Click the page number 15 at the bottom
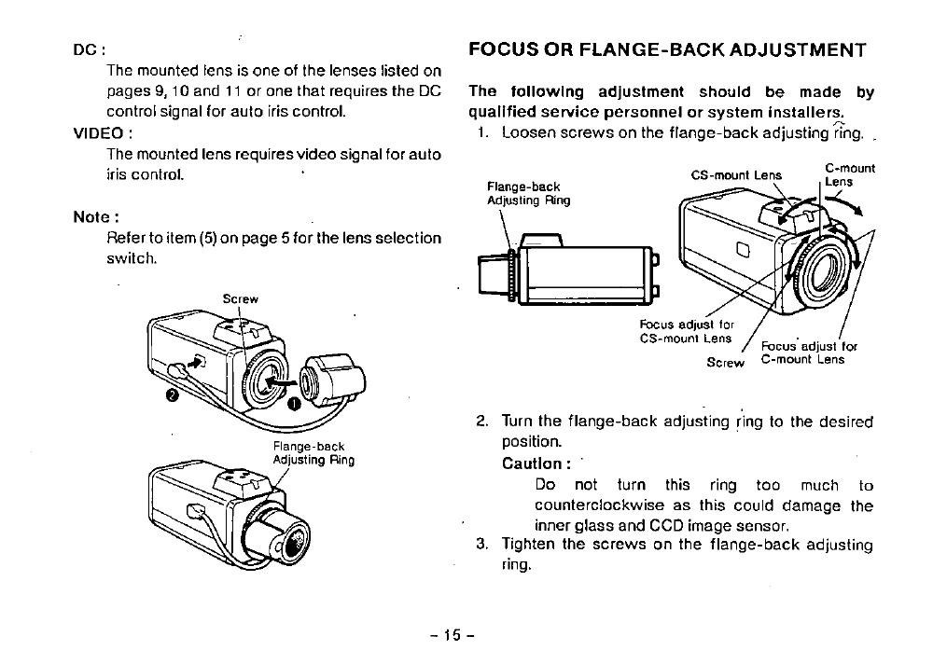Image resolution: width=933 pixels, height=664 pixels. [x=452, y=636]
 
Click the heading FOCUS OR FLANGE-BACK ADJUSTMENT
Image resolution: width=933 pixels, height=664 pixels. [x=667, y=49]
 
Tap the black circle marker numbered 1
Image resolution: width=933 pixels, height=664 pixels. [x=292, y=404]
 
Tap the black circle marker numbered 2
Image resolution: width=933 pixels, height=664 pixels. [x=171, y=396]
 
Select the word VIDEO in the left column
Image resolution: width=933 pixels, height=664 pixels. [x=100, y=132]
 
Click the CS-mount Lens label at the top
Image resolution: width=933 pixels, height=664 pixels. [x=736, y=173]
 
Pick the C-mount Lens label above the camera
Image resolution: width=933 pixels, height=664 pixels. [x=849, y=175]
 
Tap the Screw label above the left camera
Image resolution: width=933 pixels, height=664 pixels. [x=240, y=299]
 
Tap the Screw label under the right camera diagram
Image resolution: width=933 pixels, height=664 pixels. [x=725, y=363]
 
